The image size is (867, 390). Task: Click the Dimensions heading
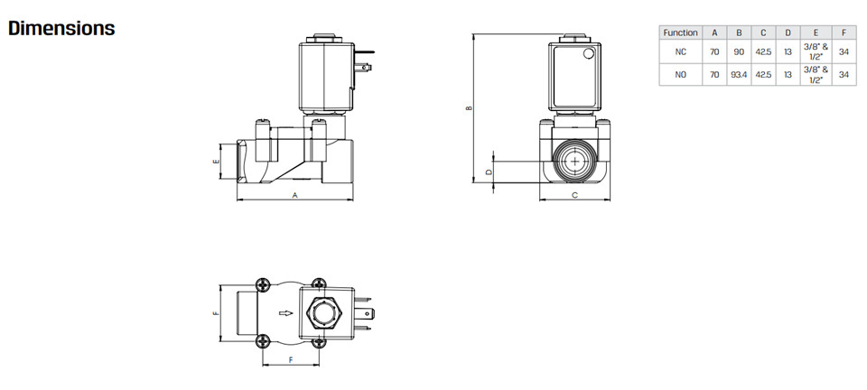coord(61,28)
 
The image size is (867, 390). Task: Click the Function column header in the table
coord(680,32)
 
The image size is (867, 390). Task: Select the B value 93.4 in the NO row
coord(739,75)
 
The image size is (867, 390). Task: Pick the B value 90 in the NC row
coord(739,52)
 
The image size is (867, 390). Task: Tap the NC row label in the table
coord(680,52)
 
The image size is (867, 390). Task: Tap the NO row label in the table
coord(680,75)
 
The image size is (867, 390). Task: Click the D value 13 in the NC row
coord(788,52)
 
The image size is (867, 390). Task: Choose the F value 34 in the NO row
coord(844,75)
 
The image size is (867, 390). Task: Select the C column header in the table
coord(763,32)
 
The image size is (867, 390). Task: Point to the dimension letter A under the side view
coord(294,195)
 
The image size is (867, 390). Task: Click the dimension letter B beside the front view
coord(469,107)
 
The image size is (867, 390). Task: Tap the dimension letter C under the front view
coord(574,195)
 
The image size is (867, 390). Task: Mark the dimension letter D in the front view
coord(489,172)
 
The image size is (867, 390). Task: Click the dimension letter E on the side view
coord(216,162)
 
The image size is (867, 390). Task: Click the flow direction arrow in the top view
coord(286,313)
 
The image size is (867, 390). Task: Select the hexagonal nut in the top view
coord(323,313)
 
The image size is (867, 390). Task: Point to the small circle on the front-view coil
coord(588,53)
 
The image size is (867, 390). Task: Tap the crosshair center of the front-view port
coord(575,162)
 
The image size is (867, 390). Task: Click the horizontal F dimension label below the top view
coord(291,360)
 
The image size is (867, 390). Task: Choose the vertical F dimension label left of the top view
coord(216,313)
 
